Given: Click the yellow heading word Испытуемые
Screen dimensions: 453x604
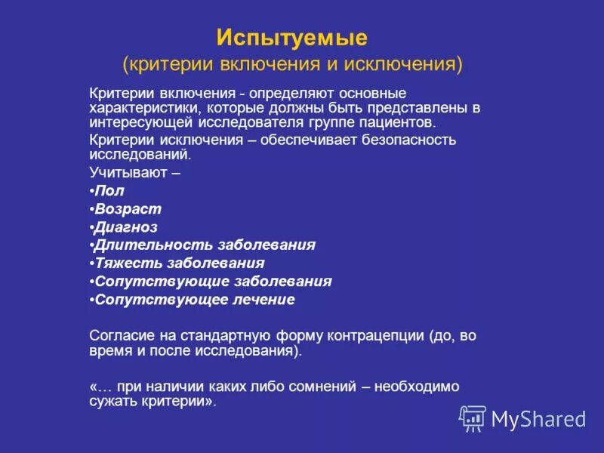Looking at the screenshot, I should (x=291, y=37).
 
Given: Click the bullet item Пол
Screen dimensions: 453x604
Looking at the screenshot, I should (x=109, y=190).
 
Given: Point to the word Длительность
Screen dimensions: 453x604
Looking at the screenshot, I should (x=152, y=245).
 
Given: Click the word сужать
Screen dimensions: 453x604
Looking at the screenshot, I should (x=111, y=402).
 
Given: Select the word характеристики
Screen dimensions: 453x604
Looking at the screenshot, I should (x=141, y=108).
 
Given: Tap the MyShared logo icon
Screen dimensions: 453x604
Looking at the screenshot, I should (x=473, y=418).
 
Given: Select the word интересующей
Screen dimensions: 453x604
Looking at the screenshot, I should (x=142, y=122).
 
